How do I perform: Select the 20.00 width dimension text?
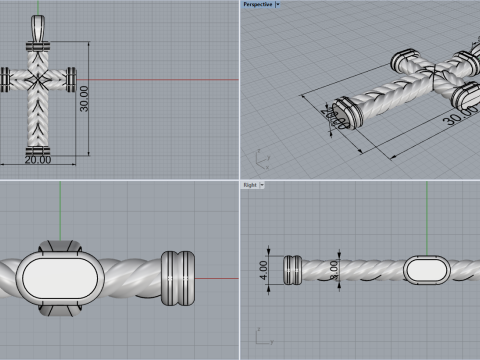tap(38, 159)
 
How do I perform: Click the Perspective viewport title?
tap(256, 4)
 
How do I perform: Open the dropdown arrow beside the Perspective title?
tap(277, 4)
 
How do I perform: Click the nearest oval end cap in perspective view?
tap(343, 111)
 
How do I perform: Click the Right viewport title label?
tap(249, 185)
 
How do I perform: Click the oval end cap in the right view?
tap(426, 268)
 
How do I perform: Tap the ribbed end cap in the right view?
tap(294, 268)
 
